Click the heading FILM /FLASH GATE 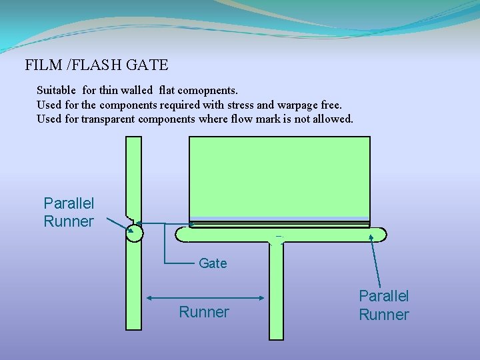[x=97, y=65]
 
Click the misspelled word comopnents [x=207, y=89]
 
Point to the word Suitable [x=57, y=89]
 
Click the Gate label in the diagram [x=213, y=263]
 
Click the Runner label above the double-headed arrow [x=204, y=312]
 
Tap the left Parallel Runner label [x=69, y=212]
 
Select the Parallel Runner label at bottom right [x=384, y=305]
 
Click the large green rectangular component [x=279, y=177]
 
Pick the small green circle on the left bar [x=134, y=232]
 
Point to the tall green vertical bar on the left [x=133, y=287]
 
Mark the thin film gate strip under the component [x=279, y=225]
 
